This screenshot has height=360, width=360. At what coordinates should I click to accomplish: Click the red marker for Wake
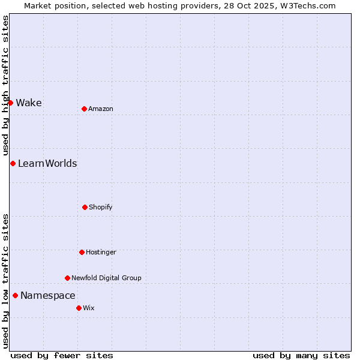click(x=10, y=103)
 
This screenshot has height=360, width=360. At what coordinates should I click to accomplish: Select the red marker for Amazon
click(x=84, y=109)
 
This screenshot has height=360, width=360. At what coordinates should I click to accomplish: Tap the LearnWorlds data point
click(x=13, y=163)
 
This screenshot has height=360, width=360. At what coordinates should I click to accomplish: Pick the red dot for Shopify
click(x=85, y=207)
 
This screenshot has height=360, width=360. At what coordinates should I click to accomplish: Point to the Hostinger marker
click(x=82, y=252)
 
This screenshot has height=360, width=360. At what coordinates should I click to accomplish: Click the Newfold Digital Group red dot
click(x=67, y=278)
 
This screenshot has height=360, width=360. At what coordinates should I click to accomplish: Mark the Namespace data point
click(x=15, y=295)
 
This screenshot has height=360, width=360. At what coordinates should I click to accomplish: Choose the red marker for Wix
click(x=79, y=308)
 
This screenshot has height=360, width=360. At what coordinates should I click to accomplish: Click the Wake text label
click(x=29, y=103)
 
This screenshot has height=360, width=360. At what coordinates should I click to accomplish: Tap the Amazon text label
click(x=101, y=109)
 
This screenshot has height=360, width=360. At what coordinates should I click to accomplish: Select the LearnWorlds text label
click(x=47, y=163)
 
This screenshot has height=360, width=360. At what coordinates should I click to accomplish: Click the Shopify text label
click(x=101, y=207)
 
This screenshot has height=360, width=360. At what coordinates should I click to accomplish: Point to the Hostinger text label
click(x=101, y=252)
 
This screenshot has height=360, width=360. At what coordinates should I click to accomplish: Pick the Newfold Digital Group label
click(x=106, y=278)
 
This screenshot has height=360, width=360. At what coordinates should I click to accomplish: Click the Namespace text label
click(x=48, y=295)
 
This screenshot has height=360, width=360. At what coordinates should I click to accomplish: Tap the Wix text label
click(x=89, y=308)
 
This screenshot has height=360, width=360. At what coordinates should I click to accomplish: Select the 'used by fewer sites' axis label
click(x=62, y=355)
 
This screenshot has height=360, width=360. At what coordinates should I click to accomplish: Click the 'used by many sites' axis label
click(x=301, y=355)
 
